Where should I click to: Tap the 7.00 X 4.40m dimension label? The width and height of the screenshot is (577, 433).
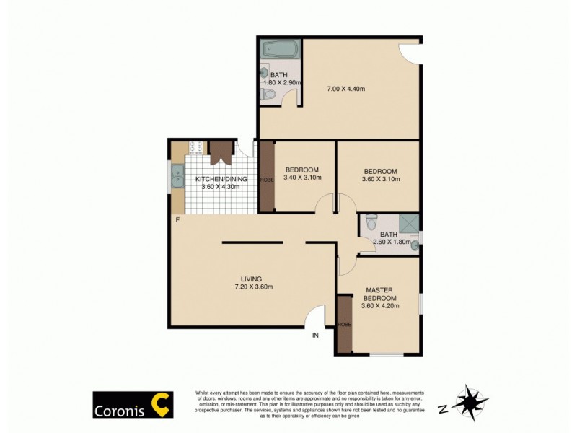click(x=346, y=89)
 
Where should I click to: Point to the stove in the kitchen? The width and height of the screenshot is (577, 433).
click(x=195, y=147)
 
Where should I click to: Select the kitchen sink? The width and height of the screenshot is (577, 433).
click(x=176, y=174)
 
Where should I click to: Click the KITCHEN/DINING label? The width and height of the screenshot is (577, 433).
click(x=221, y=179)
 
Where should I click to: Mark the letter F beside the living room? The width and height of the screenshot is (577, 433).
click(x=176, y=219)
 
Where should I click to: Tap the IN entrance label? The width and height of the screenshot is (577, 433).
click(x=315, y=336)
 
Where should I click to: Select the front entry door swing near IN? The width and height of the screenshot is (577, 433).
click(x=314, y=317)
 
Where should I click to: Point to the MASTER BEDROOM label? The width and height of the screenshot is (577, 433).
click(x=379, y=293)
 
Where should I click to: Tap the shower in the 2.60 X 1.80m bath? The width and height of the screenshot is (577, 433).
click(x=409, y=223)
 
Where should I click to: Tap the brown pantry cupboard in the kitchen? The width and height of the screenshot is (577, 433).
click(x=220, y=151)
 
